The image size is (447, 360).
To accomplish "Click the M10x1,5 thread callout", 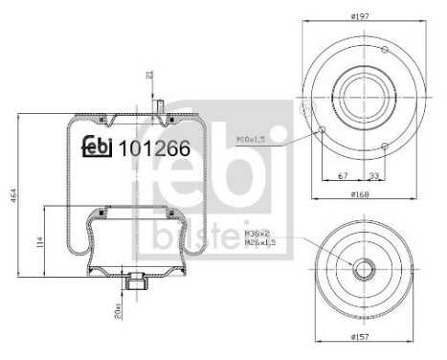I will pos(250,140).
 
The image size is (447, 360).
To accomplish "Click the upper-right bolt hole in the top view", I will pos(383,51).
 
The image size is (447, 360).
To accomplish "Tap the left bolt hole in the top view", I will pos(324,130).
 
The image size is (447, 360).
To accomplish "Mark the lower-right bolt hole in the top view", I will pos(383,145).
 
